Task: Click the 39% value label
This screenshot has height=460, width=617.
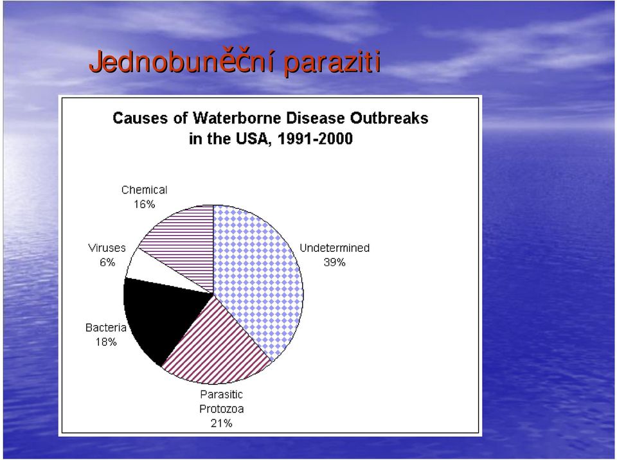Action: (x=334, y=263)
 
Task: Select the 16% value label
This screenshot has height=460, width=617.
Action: (x=145, y=204)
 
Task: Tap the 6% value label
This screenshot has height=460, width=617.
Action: (x=107, y=263)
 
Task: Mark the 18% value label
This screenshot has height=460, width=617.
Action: (x=106, y=342)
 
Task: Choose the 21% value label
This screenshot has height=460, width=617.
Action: (x=222, y=423)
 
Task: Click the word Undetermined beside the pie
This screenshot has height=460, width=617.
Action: (x=334, y=248)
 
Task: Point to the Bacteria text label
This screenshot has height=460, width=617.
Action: (x=106, y=328)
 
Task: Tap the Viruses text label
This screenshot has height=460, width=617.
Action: (x=107, y=248)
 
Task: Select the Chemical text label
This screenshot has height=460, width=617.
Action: (x=145, y=190)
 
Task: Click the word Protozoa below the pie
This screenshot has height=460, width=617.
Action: (x=222, y=409)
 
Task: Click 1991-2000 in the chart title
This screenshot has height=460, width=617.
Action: (x=315, y=139)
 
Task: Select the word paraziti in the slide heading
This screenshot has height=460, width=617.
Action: (x=333, y=62)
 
